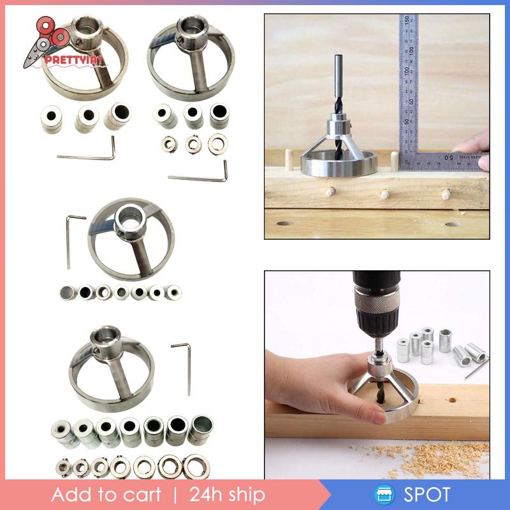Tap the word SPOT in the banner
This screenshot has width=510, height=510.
(x=426, y=495)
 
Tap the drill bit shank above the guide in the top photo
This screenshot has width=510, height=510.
(x=339, y=70)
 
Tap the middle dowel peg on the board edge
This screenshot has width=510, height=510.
(x=385, y=194)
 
